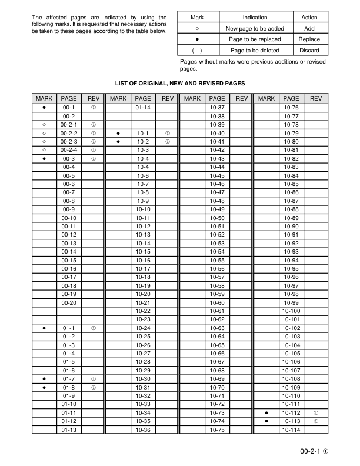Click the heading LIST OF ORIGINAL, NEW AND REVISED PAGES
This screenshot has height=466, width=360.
(x=179, y=84)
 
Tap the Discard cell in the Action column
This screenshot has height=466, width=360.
(x=309, y=51)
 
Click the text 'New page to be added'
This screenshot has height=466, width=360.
(x=254, y=28)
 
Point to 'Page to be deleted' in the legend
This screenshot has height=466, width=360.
(x=254, y=51)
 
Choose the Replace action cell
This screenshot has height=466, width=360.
(x=309, y=39)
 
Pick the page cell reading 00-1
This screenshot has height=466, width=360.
(x=68, y=108)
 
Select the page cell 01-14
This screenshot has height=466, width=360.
(x=143, y=108)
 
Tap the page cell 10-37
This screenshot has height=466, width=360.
(x=217, y=108)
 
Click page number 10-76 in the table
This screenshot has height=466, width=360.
(x=291, y=108)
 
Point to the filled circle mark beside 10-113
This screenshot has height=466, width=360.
(x=266, y=421)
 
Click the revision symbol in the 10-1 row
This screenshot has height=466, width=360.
(x=168, y=134)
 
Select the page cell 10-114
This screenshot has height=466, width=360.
(x=291, y=430)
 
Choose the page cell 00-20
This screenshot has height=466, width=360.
(x=68, y=302)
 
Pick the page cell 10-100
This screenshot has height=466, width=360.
(x=291, y=311)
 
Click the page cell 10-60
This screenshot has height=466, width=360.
(x=217, y=302)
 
